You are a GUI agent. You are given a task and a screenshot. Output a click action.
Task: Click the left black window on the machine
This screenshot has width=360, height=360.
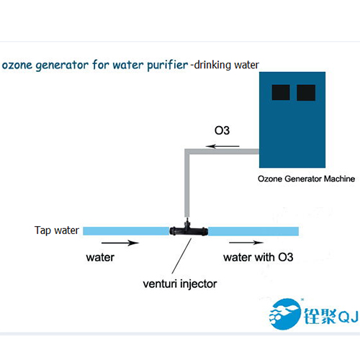pos(281,92)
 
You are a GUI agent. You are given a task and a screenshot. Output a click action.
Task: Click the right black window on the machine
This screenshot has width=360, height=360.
pos(306,92)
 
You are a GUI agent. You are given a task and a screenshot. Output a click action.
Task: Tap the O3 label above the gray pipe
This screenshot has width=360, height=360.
pos(222,130)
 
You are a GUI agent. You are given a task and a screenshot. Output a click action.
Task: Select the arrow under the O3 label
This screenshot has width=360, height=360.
pos(222,146)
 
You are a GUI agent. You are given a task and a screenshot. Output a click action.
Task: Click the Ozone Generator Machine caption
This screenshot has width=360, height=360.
pos(306,179)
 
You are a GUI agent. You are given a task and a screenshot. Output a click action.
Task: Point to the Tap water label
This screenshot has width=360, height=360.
pos(57,230)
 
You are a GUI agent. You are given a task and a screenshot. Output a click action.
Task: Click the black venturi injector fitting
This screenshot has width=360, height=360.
pos(189,229)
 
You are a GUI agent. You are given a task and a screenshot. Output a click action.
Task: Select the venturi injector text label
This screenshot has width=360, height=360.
pos(180,284)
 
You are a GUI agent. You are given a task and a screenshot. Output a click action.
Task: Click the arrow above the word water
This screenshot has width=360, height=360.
pos(120,243)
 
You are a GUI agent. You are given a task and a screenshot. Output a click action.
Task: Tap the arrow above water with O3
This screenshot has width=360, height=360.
pos(246,243)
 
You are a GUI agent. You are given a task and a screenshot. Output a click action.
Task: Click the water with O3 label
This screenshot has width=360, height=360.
pos(258,257)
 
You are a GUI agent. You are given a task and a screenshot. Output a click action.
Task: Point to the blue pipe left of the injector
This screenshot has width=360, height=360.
pos(126,231)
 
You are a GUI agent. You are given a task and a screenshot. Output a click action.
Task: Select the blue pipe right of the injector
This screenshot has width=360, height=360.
pos(253,231)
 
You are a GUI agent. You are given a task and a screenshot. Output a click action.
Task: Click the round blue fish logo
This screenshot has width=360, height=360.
pos(285,314)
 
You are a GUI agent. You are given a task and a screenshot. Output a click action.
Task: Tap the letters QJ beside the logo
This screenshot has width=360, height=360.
pos(348,317)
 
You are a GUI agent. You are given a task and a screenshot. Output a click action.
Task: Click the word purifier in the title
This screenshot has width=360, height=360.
pos(168,66)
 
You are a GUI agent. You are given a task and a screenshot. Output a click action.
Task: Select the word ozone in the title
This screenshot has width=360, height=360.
pos(17,66)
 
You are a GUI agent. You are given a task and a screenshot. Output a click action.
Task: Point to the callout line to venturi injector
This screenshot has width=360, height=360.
pos(181,256)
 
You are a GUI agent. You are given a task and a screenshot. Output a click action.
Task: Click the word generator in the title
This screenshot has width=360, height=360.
pos(62,66)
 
